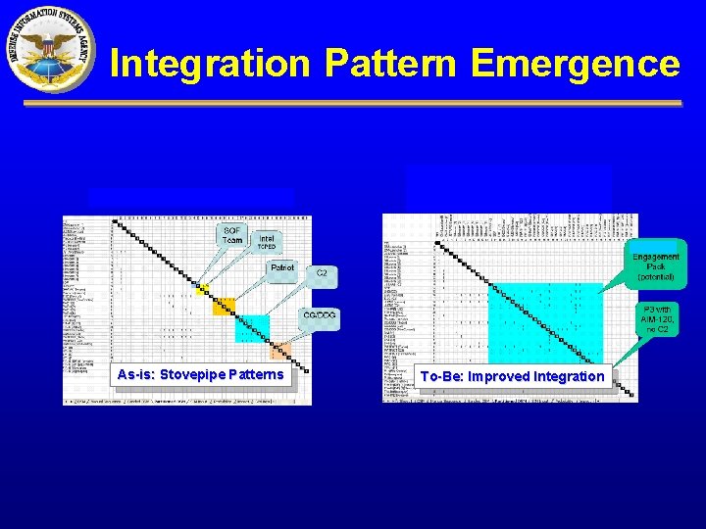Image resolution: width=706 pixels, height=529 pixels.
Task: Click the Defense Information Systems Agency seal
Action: point(50,50)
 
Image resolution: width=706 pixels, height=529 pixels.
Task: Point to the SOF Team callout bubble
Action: point(232,235)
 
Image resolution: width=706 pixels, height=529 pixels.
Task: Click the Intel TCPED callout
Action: point(267,241)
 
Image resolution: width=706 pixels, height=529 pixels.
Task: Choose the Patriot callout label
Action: point(282,267)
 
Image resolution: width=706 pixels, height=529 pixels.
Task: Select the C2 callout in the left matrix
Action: point(322,273)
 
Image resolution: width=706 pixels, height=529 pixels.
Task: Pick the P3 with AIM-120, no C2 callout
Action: point(656,319)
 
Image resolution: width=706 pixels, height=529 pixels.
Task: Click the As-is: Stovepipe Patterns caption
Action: point(200,374)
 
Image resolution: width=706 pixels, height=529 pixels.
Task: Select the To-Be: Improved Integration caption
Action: point(512,376)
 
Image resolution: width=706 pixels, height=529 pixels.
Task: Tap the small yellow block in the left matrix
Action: point(202,289)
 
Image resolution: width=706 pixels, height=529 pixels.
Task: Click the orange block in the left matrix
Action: point(223,307)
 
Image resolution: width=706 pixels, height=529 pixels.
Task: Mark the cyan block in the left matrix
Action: point(251,328)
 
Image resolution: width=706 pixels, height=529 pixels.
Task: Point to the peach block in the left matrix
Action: point(280,351)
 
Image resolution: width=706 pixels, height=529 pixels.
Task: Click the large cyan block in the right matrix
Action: point(543,323)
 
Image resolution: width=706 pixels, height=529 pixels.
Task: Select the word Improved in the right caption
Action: point(499,376)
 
